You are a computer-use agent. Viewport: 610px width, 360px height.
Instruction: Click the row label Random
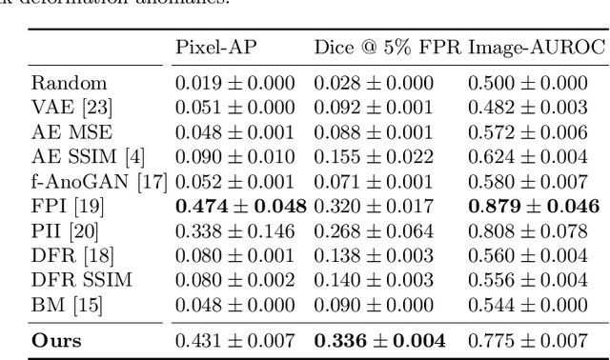click(69, 83)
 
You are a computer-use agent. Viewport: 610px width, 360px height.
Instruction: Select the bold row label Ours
click(56, 340)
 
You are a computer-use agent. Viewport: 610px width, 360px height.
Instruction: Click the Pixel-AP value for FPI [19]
click(239, 207)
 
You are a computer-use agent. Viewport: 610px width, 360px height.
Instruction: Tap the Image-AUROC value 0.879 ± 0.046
click(533, 207)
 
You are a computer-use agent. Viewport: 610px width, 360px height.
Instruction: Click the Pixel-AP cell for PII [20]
click(239, 231)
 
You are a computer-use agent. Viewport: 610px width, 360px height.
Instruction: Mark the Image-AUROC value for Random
click(533, 83)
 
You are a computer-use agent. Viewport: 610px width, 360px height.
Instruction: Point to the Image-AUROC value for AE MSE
click(533, 132)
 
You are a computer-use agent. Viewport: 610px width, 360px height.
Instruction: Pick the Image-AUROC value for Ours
click(533, 340)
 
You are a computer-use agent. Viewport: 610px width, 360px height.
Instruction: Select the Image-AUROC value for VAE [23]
click(533, 108)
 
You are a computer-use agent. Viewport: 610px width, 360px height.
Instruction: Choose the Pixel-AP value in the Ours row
click(239, 340)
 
